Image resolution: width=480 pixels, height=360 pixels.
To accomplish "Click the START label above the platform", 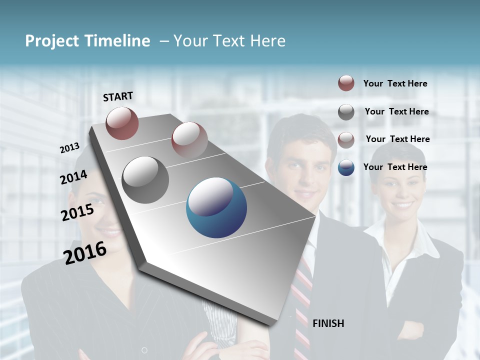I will pyautogui.click(x=118, y=96).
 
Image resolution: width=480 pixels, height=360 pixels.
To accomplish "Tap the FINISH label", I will pyautogui.click(x=328, y=323).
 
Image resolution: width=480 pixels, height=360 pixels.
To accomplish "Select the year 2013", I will pyautogui.click(x=69, y=147).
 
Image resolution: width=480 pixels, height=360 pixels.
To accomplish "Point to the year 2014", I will pyautogui.click(x=73, y=177).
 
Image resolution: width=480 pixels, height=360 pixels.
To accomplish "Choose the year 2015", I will pyautogui.click(x=77, y=212).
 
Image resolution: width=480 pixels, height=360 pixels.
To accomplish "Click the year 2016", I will pyautogui.click(x=85, y=252).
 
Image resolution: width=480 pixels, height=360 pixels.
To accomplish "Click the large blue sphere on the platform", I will pyautogui.click(x=216, y=207).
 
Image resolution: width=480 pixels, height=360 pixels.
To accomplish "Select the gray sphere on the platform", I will pyautogui.click(x=145, y=180).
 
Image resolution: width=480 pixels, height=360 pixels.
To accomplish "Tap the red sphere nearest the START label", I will pyautogui.click(x=122, y=123).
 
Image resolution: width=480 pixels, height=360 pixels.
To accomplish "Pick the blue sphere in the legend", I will pyautogui.click(x=346, y=167).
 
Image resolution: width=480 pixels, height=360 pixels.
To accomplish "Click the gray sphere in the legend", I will pyautogui.click(x=346, y=112).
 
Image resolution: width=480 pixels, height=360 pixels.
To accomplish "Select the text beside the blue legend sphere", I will pyautogui.click(x=395, y=167).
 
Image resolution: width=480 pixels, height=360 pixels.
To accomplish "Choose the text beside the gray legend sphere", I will pyautogui.click(x=396, y=111).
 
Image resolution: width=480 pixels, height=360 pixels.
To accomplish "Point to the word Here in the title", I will pyautogui.click(x=267, y=41).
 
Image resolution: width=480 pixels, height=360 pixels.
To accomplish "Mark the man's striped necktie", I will pyautogui.click(x=301, y=305).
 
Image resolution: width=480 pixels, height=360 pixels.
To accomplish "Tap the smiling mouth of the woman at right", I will pyautogui.click(x=403, y=205).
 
